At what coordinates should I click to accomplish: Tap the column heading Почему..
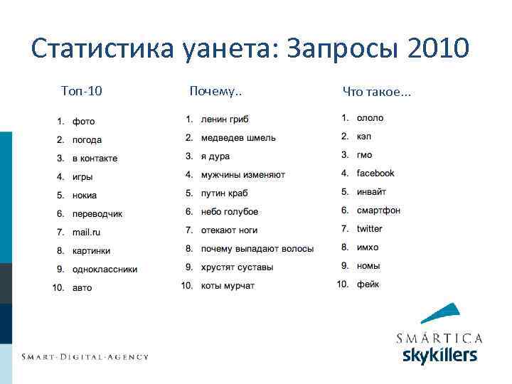tap(215, 90)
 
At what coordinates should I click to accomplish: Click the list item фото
tap(83, 122)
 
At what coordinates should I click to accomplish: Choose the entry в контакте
tap(95, 159)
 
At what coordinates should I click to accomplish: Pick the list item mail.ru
tap(86, 233)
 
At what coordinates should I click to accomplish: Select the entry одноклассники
tap(105, 270)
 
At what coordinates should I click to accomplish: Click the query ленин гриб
tap(225, 119)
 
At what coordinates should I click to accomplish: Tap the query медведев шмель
tap(238, 137)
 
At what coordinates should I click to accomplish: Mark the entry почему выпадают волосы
tap(257, 249)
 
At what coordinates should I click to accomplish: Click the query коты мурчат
tap(228, 286)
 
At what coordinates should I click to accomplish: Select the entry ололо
tap(370, 118)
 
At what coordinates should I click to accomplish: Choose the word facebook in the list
tap(375, 174)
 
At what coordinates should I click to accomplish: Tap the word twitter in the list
tap(369, 229)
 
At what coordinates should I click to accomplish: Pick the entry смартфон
tap(378, 210)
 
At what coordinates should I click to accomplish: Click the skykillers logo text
tap(439, 356)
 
